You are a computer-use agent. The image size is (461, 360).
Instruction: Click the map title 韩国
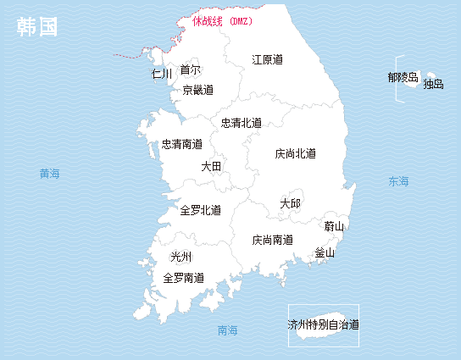(37, 27)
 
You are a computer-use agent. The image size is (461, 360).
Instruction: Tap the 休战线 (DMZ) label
(222, 21)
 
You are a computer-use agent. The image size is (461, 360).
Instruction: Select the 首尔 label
(191, 69)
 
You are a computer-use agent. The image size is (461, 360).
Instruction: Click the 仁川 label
(162, 74)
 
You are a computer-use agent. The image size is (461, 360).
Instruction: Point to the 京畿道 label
(198, 90)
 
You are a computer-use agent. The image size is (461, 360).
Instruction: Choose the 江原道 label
(267, 59)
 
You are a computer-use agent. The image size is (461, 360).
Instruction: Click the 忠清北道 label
(242, 123)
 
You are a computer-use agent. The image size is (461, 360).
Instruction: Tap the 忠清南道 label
(182, 145)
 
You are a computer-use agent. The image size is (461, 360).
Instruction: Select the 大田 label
(211, 167)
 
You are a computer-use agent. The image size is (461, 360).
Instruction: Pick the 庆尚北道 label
(296, 154)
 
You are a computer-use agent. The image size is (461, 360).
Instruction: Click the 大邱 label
(290, 203)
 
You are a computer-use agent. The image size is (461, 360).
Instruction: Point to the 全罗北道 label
(201, 210)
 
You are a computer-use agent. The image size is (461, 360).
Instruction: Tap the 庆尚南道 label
(273, 241)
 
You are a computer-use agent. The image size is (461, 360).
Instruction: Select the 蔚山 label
(335, 226)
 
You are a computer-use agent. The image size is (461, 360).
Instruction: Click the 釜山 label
(325, 252)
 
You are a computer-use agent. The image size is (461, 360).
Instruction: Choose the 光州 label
(181, 257)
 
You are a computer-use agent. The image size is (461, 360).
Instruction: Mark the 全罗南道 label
(183, 278)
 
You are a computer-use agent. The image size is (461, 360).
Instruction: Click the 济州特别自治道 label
(323, 324)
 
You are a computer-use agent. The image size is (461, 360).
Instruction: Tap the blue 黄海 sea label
(50, 174)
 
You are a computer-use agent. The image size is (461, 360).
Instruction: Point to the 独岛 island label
(433, 84)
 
